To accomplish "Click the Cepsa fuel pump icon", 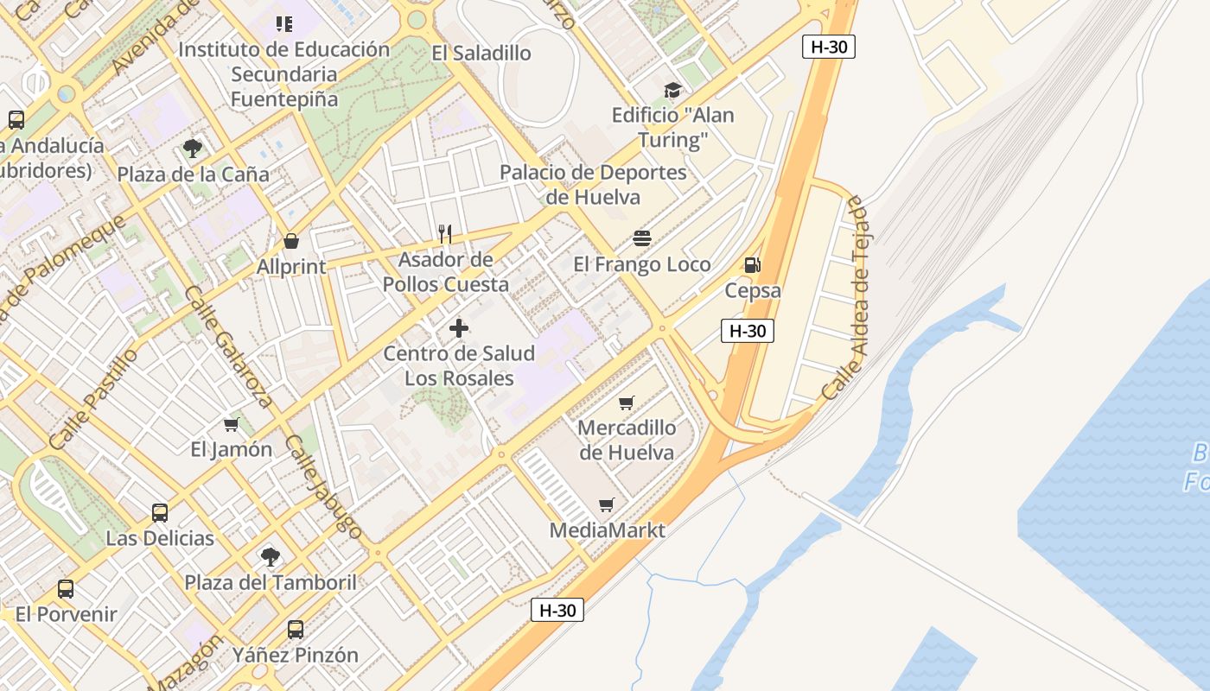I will [x=752, y=265].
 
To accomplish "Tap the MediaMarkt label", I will [x=608, y=529].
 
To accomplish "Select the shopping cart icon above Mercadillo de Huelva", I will [x=627, y=403].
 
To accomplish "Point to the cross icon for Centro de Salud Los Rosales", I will [x=459, y=328].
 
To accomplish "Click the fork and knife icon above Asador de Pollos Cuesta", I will [x=445, y=233].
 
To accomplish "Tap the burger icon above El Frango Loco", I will [x=641, y=238].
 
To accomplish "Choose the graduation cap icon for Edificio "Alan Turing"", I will [x=672, y=90].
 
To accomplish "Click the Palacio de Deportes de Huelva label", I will [x=593, y=184].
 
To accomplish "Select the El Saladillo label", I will [x=481, y=53].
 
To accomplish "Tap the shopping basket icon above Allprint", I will [x=291, y=241].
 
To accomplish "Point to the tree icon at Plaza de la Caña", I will [x=193, y=149].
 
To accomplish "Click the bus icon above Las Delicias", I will [x=160, y=512].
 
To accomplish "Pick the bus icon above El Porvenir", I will [x=66, y=589].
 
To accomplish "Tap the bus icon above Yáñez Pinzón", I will [x=296, y=629].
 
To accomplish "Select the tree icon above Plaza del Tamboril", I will [x=271, y=556].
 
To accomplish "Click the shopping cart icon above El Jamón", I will [x=231, y=424].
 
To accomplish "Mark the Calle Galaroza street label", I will [x=228, y=346].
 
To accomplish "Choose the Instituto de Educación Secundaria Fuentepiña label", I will [x=284, y=74].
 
